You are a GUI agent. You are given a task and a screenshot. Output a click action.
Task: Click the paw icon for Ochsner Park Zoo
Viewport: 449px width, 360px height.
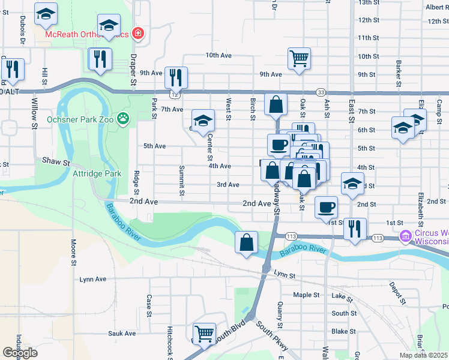click(124, 118)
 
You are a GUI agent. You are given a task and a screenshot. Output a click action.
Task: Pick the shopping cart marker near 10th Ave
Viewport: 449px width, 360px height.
click(299, 59)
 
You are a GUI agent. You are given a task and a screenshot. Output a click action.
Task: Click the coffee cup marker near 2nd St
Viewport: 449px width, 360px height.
click(326, 208)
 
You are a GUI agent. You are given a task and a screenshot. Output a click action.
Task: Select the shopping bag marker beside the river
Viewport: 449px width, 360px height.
click(246, 242)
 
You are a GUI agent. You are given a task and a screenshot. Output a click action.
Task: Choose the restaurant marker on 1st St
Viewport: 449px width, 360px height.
click(355, 229)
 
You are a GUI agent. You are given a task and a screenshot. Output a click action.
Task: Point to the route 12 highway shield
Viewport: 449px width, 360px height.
click(175, 95)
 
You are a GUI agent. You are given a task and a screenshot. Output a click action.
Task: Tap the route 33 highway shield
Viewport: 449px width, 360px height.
click(322, 92)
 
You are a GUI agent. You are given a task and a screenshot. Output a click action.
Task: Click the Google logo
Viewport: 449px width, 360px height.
click(20, 353)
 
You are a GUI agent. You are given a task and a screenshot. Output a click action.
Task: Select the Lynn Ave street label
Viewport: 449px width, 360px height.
click(92, 279)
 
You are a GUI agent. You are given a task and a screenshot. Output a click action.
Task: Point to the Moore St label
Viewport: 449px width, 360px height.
click(74, 253)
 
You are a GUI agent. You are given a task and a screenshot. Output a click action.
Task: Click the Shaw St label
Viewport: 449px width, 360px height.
click(56, 161)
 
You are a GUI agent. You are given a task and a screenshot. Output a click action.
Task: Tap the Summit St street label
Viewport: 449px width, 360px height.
click(181, 181)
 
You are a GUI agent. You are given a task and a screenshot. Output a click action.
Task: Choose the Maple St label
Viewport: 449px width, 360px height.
click(306, 295)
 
